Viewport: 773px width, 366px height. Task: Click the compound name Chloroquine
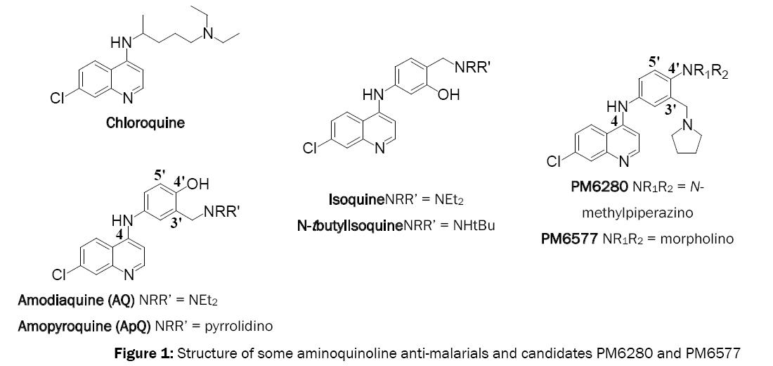pyautogui.click(x=145, y=122)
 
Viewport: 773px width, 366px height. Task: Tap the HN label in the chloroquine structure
pyautogui.click(x=122, y=43)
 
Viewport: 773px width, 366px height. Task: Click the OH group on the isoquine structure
pyautogui.click(x=448, y=96)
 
